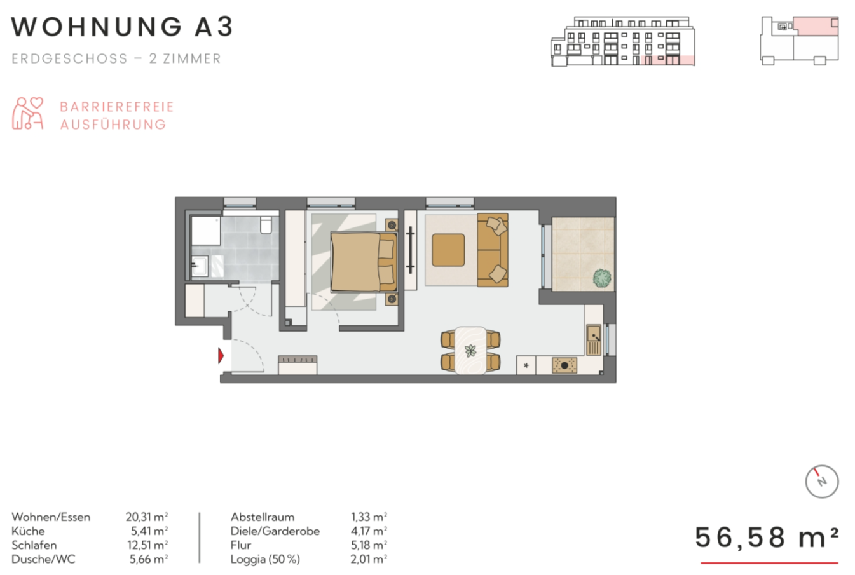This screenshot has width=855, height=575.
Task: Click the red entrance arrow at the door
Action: (221, 356)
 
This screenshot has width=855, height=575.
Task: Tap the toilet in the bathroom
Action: (266, 225)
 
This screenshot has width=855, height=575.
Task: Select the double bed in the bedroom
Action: (364, 262)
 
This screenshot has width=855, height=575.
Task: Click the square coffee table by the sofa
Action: (448, 250)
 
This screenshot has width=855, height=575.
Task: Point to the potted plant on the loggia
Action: (602, 278)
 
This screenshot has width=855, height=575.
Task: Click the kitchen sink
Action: (594, 339)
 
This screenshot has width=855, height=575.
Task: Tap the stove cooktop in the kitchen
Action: (564, 365)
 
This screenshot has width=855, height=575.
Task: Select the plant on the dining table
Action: (470, 350)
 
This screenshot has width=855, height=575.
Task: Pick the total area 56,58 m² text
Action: (767, 538)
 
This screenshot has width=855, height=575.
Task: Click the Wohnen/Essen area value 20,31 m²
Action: (147, 517)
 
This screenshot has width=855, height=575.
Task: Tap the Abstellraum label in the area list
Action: (263, 517)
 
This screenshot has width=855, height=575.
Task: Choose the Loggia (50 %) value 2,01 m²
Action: (369, 559)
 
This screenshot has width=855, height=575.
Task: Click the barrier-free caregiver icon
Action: (27, 113)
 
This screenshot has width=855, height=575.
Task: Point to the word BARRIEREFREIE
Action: (117, 107)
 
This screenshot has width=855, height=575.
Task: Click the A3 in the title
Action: (214, 27)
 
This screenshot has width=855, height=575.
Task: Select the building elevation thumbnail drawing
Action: (622, 41)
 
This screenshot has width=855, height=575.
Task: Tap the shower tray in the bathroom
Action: (206, 231)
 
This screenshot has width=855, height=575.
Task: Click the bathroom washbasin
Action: (200, 266)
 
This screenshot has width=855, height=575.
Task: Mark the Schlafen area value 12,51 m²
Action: (147, 545)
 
